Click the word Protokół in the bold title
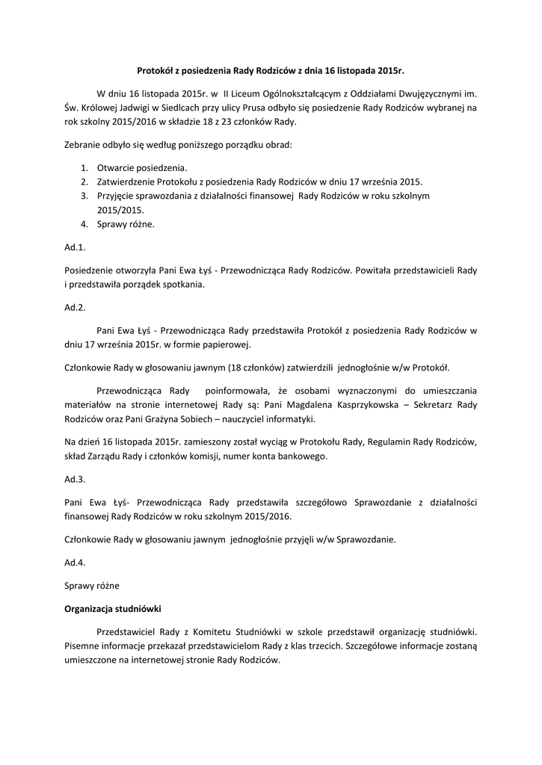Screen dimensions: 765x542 coord(155,72)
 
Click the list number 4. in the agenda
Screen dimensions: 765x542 coord(84,224)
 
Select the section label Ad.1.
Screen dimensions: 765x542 coord(76,246)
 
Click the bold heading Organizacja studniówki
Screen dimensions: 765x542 coord(113,608)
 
